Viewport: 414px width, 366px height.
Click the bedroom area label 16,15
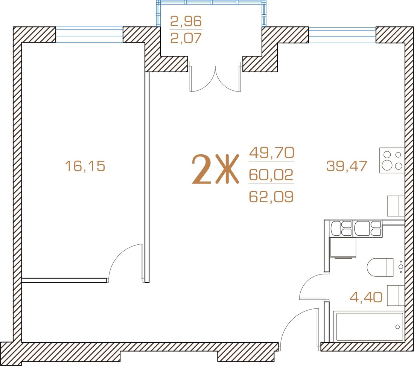click(85, 166)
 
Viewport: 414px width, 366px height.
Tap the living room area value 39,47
click(347, 166)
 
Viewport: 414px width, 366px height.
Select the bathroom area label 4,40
click(366, 297)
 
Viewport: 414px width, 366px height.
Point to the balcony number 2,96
click(186, 21)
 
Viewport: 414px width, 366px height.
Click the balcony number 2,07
click(186, 38)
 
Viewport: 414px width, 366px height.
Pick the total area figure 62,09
click(271, 197)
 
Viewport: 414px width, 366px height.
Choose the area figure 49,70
click(272, 152)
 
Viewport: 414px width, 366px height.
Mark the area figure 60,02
click(271, 175)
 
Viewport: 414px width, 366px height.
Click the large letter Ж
click(227, 169)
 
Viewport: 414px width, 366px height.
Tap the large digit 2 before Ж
click(202, 169)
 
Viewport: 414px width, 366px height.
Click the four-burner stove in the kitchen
click(392, 160)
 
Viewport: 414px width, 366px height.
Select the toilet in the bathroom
click(380, 267)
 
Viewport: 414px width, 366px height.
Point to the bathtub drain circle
click(397, 327)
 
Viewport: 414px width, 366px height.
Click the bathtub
click(369, 327)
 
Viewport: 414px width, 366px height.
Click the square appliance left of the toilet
click(343, 247)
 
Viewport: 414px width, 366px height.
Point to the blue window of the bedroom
click(89, 35)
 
